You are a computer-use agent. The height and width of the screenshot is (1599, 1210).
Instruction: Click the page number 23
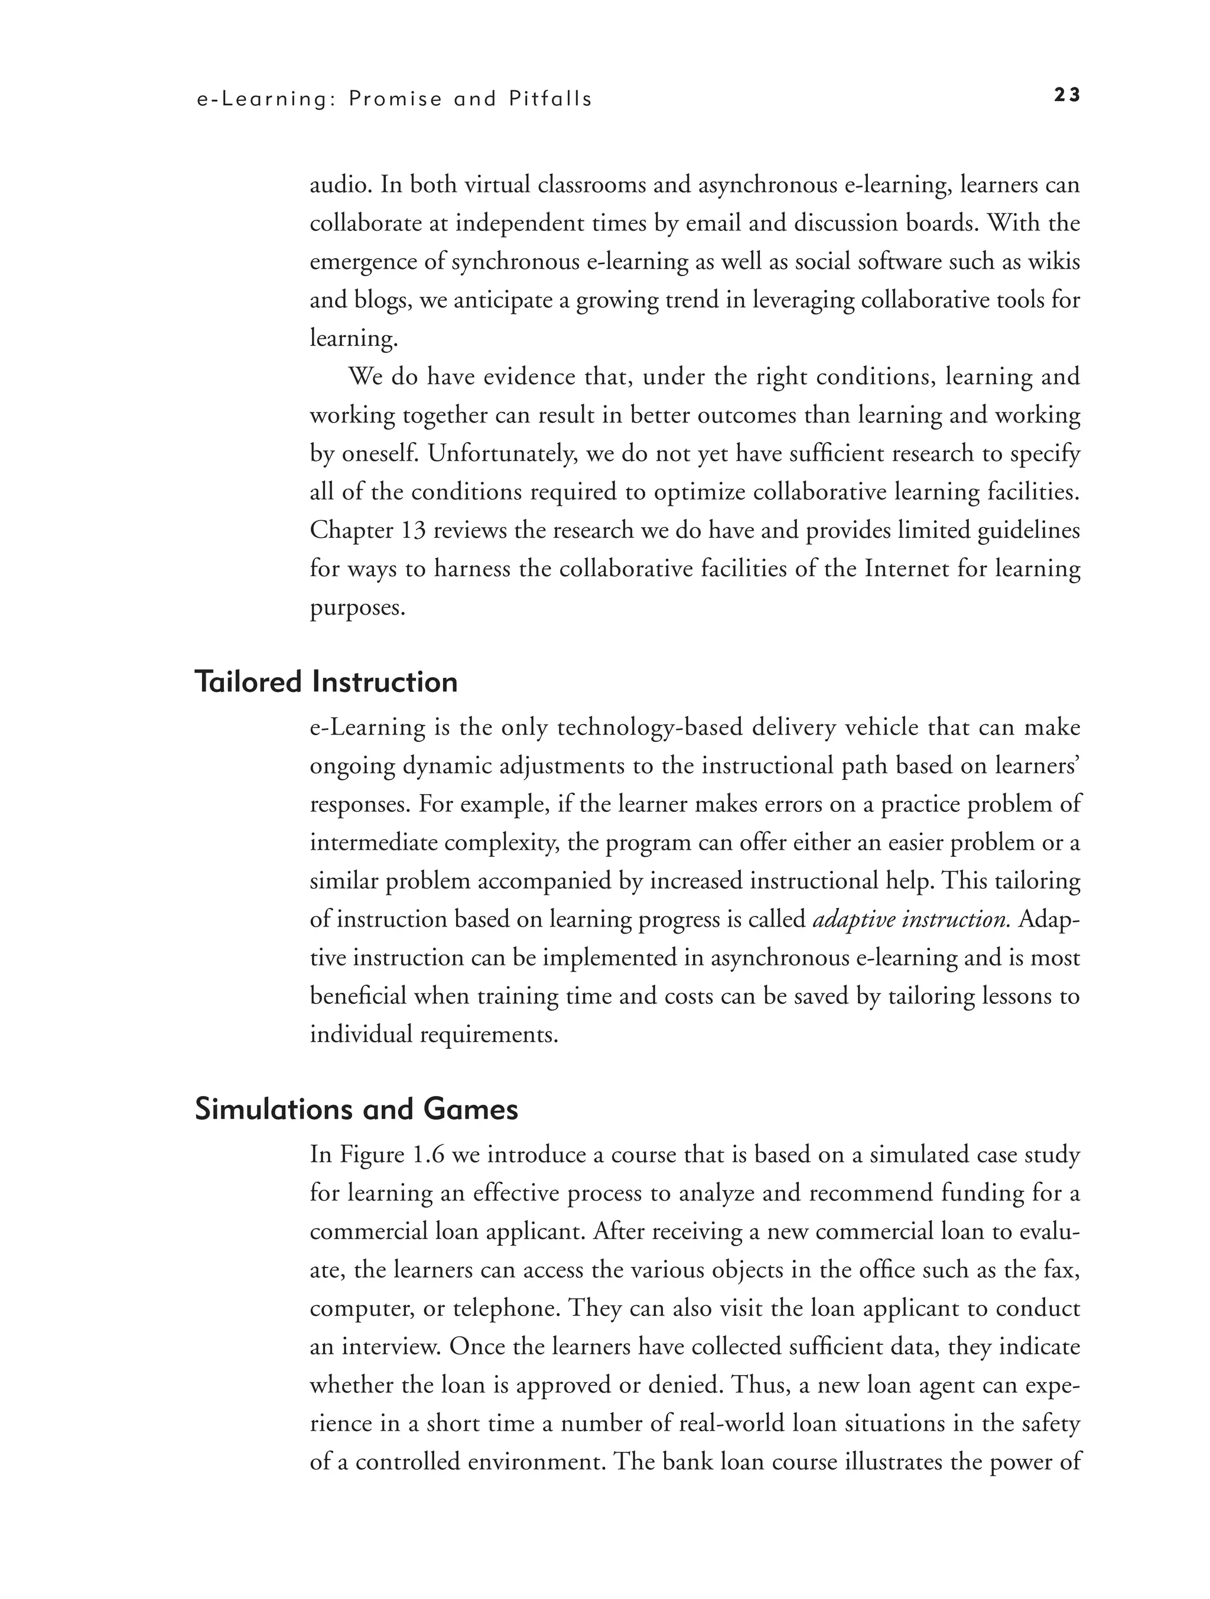point(1066,95)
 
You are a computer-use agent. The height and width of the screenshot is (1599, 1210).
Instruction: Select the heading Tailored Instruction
point(326,682)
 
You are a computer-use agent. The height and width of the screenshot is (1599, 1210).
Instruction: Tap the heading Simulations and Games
point(356,1109)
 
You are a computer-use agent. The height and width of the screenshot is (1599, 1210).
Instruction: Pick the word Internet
point(906,569)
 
